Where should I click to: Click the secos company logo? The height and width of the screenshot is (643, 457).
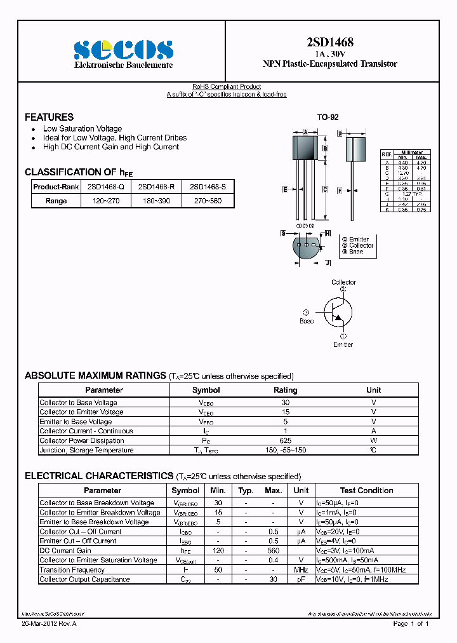123,50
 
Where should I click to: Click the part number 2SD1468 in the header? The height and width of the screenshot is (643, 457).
330,43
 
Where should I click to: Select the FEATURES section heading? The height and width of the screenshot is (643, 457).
49,117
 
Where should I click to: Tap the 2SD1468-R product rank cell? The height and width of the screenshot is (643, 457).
156,187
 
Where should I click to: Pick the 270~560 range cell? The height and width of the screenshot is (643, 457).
208,201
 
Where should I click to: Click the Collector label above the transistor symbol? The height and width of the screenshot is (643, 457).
343,282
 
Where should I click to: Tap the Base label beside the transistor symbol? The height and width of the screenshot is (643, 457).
307,321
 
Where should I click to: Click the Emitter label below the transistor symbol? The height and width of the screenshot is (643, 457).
343,344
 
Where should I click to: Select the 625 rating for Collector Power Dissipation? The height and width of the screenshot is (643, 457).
285,440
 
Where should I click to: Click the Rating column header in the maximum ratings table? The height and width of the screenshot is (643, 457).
285,390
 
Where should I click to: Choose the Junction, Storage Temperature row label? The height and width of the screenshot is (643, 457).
86,450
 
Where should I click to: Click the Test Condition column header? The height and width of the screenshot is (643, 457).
366,491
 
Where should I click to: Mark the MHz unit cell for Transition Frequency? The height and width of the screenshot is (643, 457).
301,570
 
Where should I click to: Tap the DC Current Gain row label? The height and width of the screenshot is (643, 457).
65,550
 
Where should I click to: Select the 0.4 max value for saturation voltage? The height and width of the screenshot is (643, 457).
273,560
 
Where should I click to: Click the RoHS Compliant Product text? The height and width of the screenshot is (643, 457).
227,86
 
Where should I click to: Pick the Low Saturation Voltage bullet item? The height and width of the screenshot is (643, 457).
82,129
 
